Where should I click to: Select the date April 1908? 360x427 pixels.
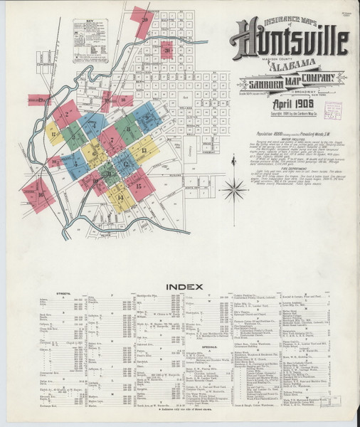tap(291, 104)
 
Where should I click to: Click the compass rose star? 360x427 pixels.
tap(233, 190)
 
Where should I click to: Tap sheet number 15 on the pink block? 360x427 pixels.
tap(140, 186)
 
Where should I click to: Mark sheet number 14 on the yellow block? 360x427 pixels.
tap(120, 196)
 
